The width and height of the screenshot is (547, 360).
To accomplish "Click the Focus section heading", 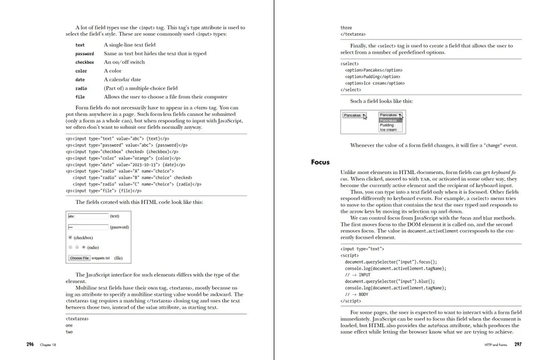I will point(320,162).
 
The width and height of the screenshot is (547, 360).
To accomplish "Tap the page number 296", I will point(30,345).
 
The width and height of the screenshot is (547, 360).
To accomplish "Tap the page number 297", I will point(518,345).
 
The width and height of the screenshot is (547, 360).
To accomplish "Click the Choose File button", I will point(80,258).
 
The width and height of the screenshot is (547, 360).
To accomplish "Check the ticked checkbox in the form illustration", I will point(70,238).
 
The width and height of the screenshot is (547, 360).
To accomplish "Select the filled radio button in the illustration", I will point(83,247).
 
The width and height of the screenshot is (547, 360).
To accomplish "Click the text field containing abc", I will point(88,216).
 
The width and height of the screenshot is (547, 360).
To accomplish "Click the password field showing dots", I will point(88,227).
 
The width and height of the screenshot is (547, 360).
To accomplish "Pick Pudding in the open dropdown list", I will point(387,125).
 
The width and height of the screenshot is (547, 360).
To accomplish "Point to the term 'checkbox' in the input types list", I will point(84,62).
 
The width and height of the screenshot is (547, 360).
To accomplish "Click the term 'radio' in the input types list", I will point(81,89).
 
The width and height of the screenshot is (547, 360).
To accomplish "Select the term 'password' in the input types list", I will point(84,54).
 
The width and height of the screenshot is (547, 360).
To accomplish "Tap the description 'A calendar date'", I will point(122,80).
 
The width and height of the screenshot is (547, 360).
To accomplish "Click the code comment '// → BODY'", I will point(356,294).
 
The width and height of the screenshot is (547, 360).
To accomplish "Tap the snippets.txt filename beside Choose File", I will point(100,258).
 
